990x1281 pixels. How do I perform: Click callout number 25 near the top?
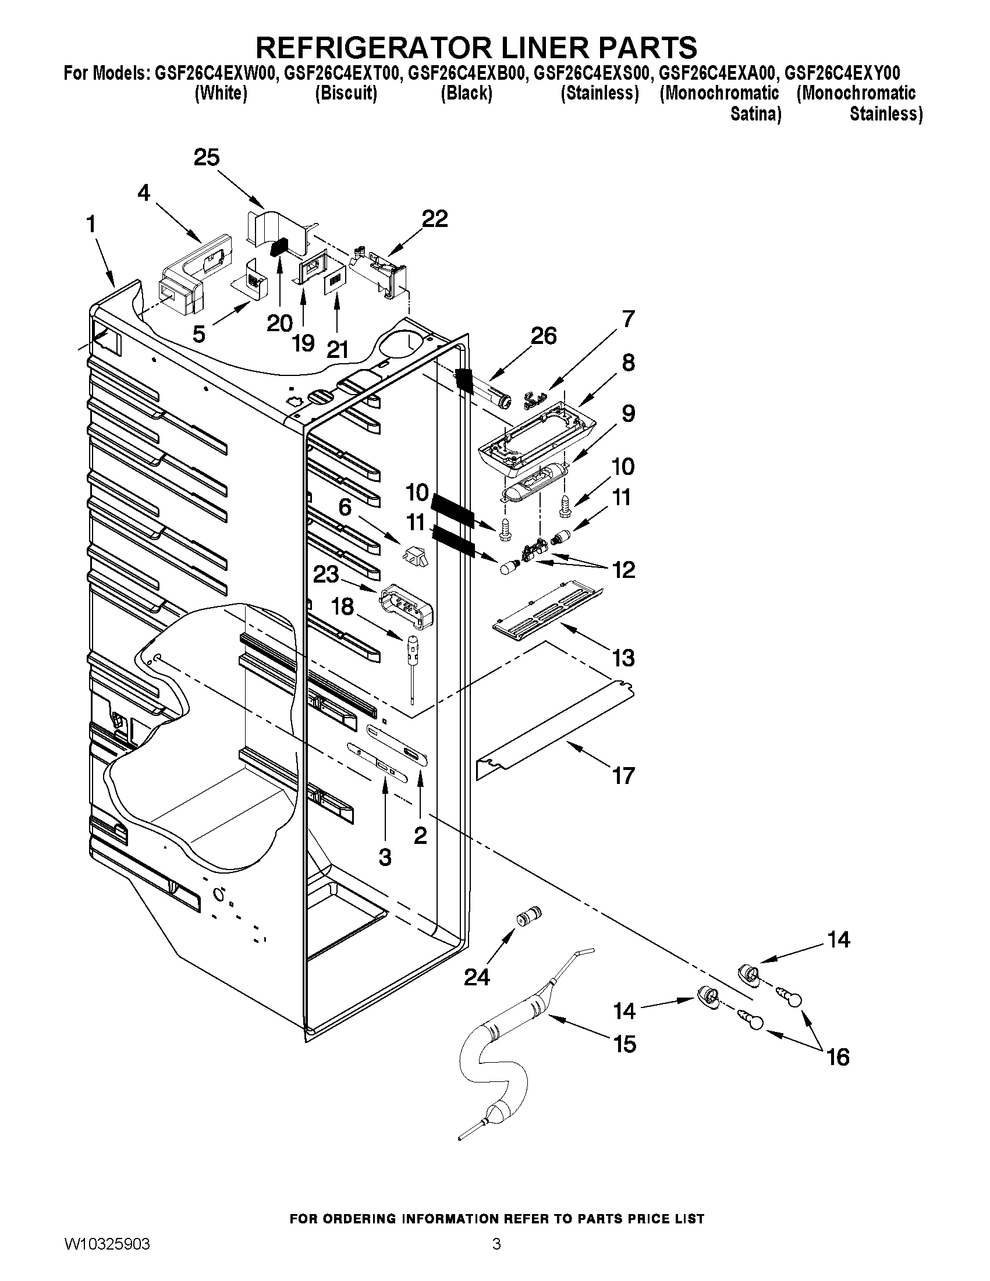(207, 158)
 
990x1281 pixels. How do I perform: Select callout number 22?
(435, 219)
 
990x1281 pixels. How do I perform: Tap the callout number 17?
(623, 776)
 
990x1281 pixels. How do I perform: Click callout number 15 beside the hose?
(624, 1044)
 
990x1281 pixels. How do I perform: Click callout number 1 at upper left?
(91, 225)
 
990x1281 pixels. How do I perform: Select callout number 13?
(623, 658)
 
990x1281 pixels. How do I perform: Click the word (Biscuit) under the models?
(346, 93)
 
